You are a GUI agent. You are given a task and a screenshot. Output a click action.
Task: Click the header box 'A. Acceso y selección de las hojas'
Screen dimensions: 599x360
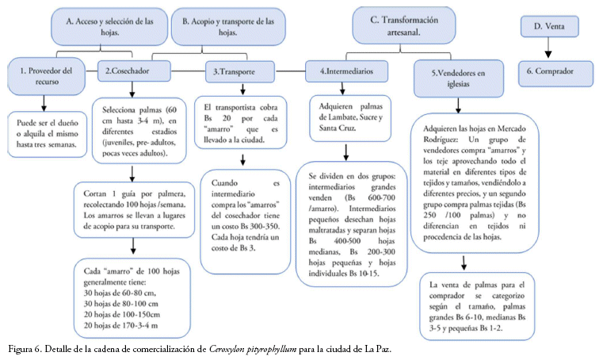pyautogui.click(x=109, y=27)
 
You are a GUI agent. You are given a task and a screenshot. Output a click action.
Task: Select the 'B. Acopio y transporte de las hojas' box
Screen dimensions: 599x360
pyautogui.click(x=228, y=27)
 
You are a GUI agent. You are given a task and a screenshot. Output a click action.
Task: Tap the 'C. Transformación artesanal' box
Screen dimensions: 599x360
pyautogui.click(x=404, y=25)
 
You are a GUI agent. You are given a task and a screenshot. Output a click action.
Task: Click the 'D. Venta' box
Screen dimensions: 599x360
pyautogui.click(x=549, y=26)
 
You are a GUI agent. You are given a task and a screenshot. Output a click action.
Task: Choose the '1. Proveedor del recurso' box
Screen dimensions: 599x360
pyautogui.click(x=46, y=76)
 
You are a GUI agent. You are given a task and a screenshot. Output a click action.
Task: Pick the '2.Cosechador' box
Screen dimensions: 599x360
pyautogui.click(x=134, y=71)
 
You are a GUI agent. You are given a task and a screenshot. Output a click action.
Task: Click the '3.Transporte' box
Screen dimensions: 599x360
pyautogui.click(x=240, y=72)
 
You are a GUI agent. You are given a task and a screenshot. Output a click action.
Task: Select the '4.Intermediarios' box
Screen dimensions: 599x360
pyautogui.click(x=346, y=71)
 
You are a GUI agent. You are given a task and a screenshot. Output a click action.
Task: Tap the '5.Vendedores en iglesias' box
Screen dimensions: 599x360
pyautogui.click(x=459, y=79)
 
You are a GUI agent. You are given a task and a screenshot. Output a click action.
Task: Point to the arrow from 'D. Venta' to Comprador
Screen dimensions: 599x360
pyautogui.click(x=548, y=48)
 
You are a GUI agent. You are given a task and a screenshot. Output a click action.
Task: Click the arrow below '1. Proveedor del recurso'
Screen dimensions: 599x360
pyautogui.click(x=44, y=103)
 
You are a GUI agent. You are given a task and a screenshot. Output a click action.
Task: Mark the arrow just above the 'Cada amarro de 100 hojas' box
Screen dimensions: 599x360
pyautogui.click(x=133, y=246)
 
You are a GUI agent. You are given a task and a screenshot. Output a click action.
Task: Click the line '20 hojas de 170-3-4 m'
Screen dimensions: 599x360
pyautogui.click(x=120, y=326)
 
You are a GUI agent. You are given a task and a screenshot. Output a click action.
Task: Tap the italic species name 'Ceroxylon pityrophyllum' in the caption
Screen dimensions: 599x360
pyautogui.click(x=253, y=350)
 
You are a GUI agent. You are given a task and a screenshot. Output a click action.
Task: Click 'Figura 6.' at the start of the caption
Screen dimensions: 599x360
pyautogui.click(x=25, y=350)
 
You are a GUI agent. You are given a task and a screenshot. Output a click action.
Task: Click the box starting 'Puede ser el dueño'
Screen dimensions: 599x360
pyautogui.click(x=47, y=134)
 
